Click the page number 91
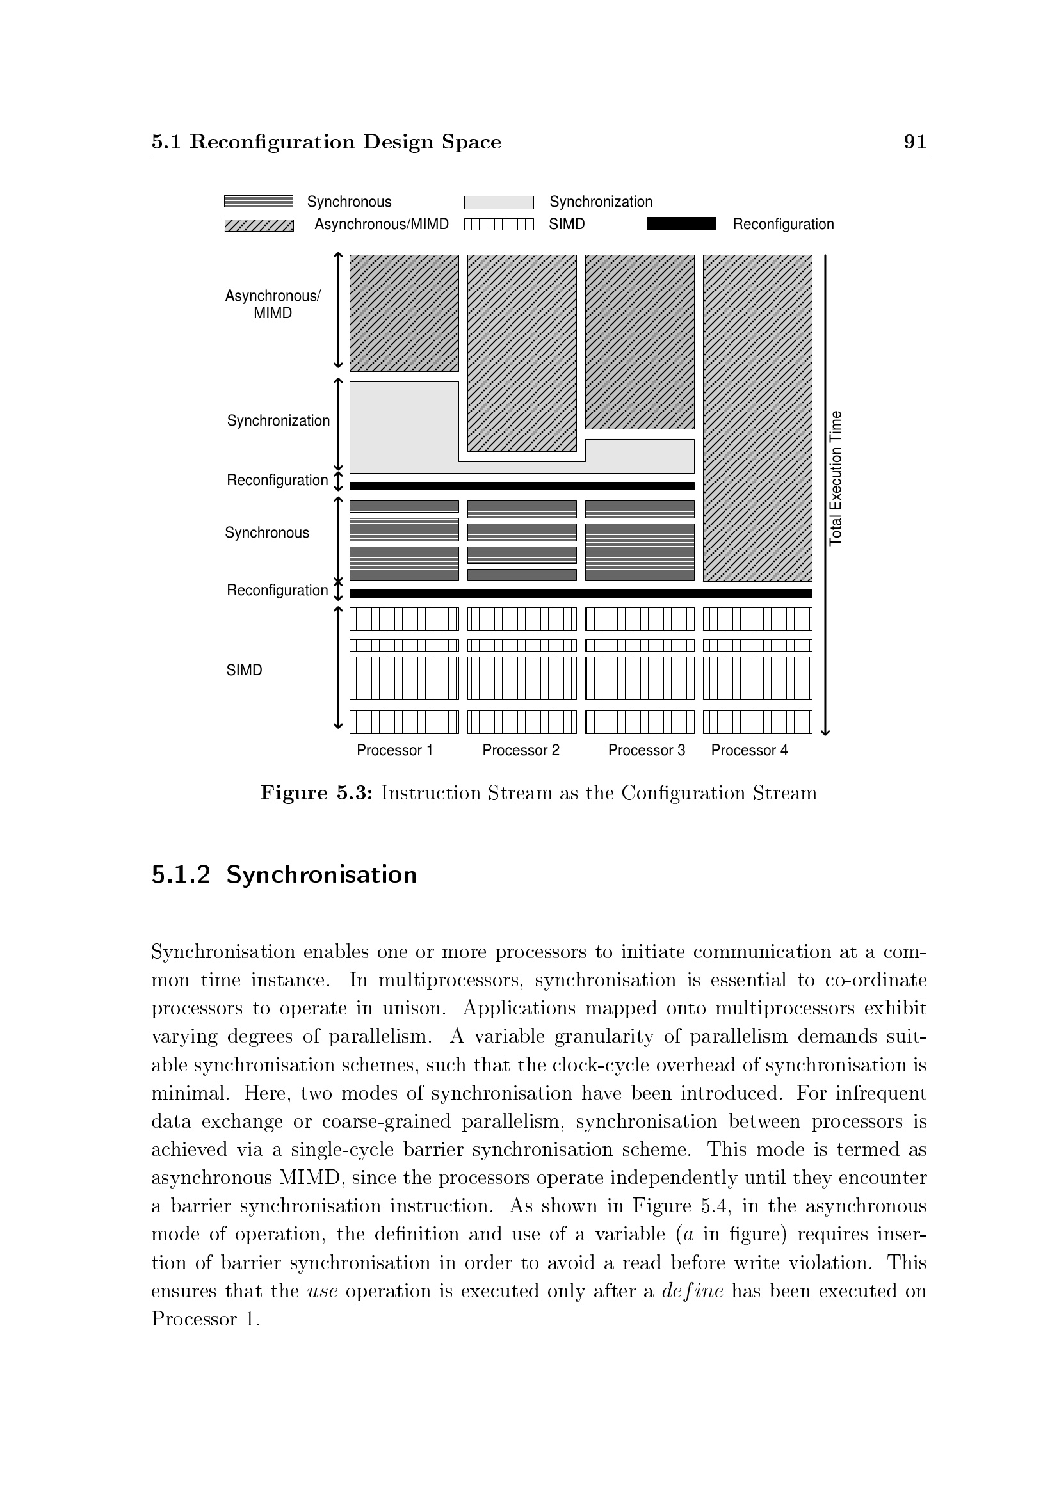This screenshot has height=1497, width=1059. [x=914, y=141]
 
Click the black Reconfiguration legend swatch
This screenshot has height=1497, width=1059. [x=681, y=224]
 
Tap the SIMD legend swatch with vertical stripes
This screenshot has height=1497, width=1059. [x=499, y=225]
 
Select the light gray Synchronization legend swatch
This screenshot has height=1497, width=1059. [x=499, y=203]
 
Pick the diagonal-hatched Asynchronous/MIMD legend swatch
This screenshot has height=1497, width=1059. [x=259, y=225]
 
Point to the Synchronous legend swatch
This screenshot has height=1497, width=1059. [x=258, y=202]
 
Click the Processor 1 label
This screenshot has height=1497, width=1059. [x=394, y=751]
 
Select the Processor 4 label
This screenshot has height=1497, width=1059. [x=749, y=751]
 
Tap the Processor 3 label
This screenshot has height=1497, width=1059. [x=646, y=751]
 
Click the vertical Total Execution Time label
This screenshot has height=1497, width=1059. [x=836, y=477]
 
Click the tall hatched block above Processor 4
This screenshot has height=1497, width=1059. [x=757, y=417]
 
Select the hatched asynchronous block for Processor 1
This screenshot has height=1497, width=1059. [x=403, y=313]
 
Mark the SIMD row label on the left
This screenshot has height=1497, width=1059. [x=244, y=670]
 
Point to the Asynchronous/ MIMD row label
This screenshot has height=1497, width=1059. [x=273, y=305]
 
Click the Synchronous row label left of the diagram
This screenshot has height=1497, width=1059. [x=267, y=532]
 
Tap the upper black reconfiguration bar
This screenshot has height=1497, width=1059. [x=522, y=486]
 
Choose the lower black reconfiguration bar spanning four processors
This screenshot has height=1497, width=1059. [x=580, y=593]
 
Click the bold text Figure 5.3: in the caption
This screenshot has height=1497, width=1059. [x=316, y=793]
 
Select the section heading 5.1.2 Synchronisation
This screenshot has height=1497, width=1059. [x=284, y=874]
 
